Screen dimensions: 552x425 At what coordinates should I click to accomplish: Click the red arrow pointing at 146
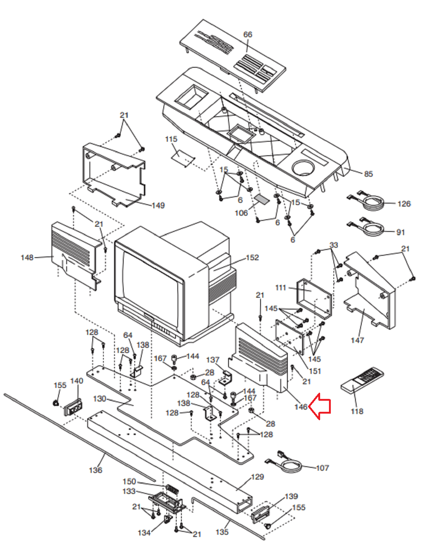pos(320,406)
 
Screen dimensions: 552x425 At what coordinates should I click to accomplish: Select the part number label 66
pos(248,35)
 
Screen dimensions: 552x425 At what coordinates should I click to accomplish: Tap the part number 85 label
pos(368,174)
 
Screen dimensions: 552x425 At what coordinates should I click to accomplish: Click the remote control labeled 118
pos(362,379)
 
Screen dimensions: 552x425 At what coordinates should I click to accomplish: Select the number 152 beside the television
pos(252,258)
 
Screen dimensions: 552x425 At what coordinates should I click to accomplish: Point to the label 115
pos(171,139)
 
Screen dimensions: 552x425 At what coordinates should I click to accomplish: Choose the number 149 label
pos(158,205)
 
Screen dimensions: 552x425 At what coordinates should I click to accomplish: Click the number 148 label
pos(27,258)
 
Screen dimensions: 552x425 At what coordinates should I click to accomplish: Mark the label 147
pos(357,340)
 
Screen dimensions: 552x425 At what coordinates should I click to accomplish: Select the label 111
pos(280,287)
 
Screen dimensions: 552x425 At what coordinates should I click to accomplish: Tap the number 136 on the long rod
pos(96,470)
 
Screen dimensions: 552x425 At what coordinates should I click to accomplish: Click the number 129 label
pos(257,477)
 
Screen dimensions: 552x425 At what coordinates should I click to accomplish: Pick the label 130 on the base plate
pos(100,399)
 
